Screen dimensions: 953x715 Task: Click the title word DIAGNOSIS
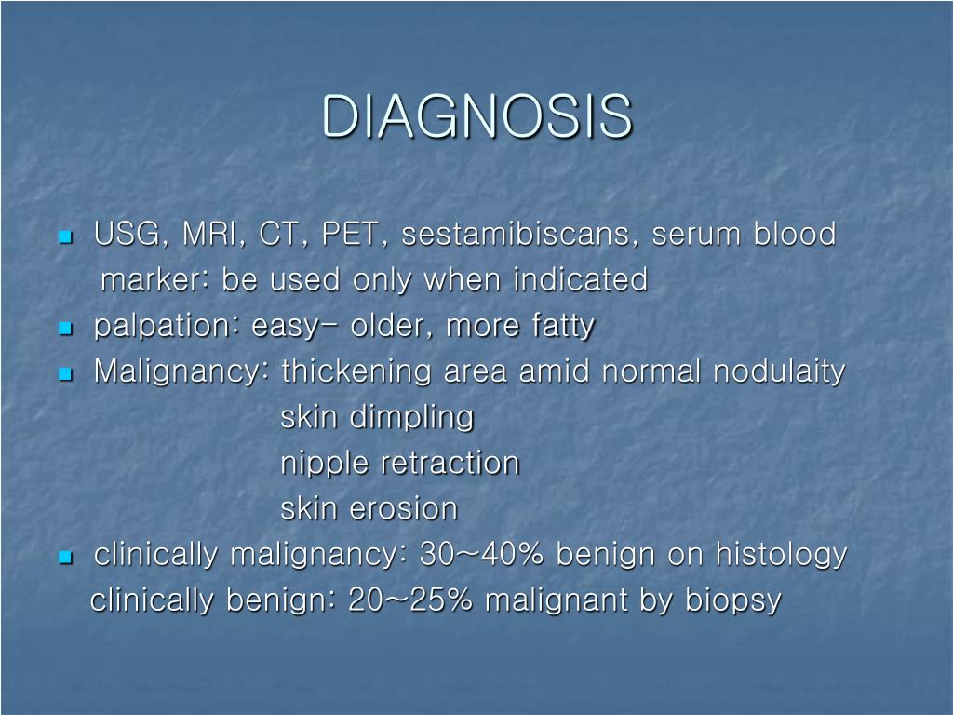coord(477,116)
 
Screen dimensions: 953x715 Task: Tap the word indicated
coord(581,279)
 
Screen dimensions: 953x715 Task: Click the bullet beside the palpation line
coord(66,329)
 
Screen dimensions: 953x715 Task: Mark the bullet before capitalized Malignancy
coord(66,374)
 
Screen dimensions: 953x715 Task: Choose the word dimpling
coord(412,418)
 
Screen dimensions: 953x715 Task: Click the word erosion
coord(404,509)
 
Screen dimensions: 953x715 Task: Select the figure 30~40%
coord(481,554)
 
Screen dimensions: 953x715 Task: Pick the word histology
coord(781,555)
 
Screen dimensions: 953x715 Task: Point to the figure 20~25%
coord(410,600)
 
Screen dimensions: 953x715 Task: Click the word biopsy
coord(733,600)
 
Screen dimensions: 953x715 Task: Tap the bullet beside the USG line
coord(66,236)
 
